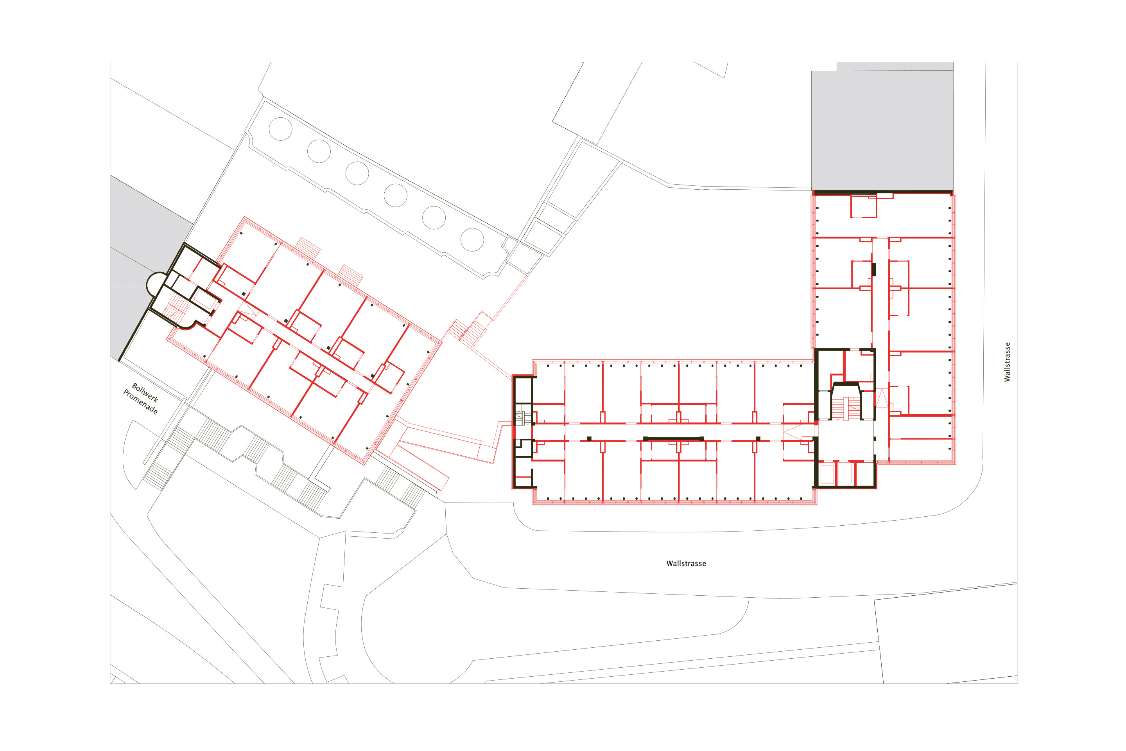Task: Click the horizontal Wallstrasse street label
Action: pos(686,563)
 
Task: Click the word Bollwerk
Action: pos(145,393)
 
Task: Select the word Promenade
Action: pos(140,402)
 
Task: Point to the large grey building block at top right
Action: pos(882,131)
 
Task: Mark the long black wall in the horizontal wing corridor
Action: pos(673,438)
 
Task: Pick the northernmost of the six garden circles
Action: pos(281,129)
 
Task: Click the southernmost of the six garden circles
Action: pos(472,239)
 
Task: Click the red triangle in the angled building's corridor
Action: pos(247,309)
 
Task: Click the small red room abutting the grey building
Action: pos(864,207)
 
